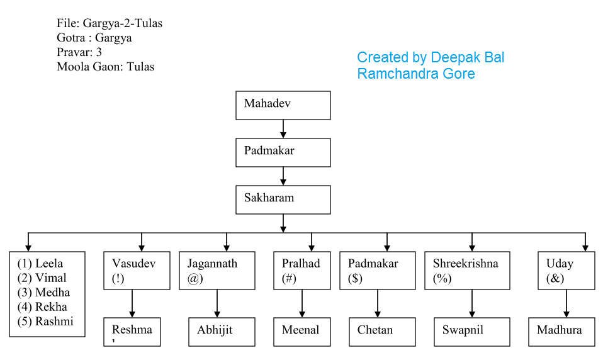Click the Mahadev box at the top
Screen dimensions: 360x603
point(283,105)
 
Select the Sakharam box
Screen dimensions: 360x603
point(283,200)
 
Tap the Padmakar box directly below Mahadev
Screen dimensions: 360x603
point(283,152)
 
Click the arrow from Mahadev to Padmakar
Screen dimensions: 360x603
point(283,129)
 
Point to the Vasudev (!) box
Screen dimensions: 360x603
point(137,271)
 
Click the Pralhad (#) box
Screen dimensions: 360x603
point(301,271)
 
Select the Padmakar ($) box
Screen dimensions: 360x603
point(378,271)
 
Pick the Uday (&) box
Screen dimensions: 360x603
point(566,271)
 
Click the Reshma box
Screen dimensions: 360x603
point(132,332)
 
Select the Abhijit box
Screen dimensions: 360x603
point(222,332)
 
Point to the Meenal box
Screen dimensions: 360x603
point(301,332)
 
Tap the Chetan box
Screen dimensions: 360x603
point(382,332)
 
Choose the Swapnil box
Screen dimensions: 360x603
point(471,332)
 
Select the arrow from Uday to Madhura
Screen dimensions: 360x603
point(566,304)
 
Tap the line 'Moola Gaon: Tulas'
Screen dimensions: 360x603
point(105,67)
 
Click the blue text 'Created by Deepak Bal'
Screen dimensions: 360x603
point(431,58)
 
